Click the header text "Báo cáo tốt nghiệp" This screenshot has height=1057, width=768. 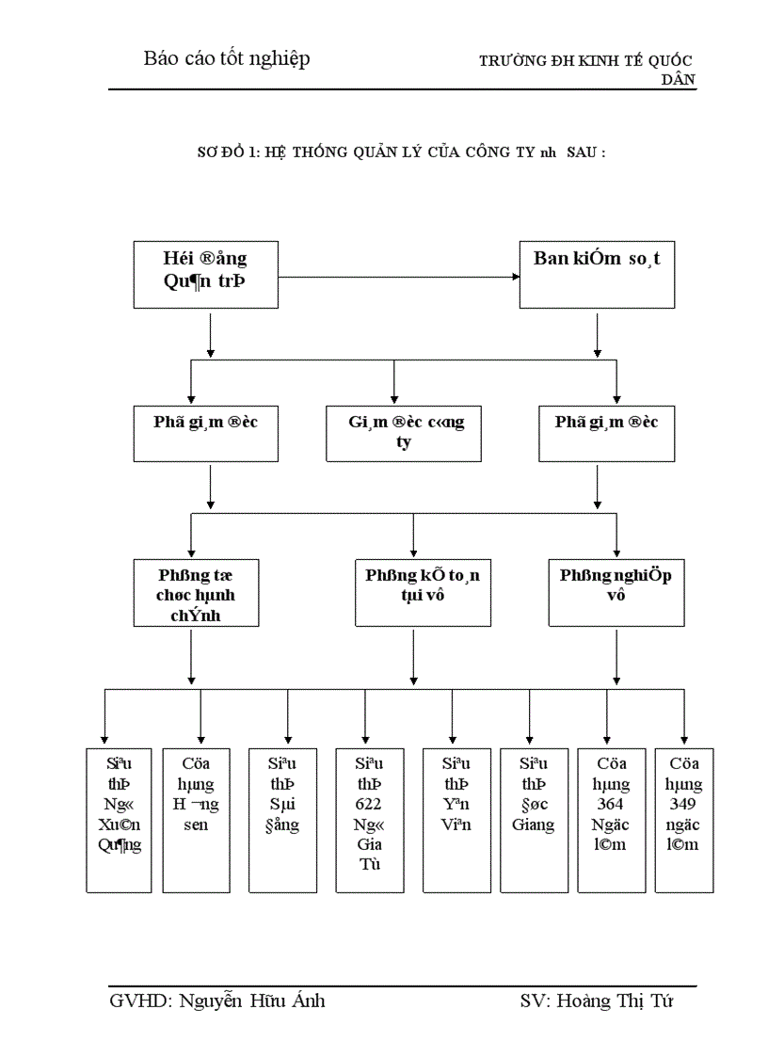click(x=227, y=58)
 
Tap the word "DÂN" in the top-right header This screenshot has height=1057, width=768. click(x=678, y=80)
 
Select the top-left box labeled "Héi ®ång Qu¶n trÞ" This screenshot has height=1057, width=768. click(x=205, y=275)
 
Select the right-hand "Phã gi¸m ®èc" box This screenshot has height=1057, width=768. click(x=606, y=433)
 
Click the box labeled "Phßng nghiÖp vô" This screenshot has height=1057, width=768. click(x=616, y=591)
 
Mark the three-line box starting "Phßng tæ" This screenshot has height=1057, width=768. click(x=197, y=591)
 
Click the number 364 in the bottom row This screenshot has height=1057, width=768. click(x=611, y=805)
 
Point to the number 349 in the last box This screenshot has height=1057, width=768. click(x=683, y=805)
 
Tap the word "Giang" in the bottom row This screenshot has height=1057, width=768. click(x=533, y=825)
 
